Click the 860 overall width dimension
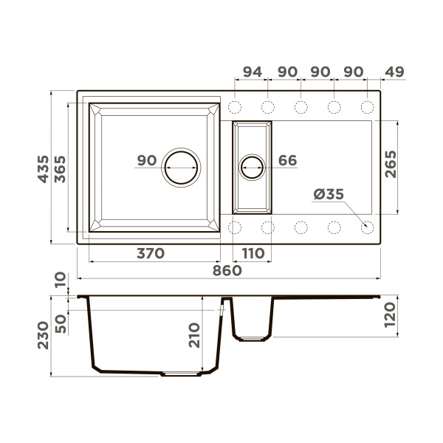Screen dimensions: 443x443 227,271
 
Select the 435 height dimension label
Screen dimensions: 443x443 44,168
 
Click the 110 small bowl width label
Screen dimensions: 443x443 252,253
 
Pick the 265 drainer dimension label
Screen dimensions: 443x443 391,163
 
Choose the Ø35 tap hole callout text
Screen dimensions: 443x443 329,194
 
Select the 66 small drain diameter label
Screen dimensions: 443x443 287,160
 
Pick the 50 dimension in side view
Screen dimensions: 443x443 61,323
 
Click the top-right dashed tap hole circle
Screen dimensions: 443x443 367,107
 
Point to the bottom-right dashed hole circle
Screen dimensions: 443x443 367,227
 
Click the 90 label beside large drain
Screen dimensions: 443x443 146,160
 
